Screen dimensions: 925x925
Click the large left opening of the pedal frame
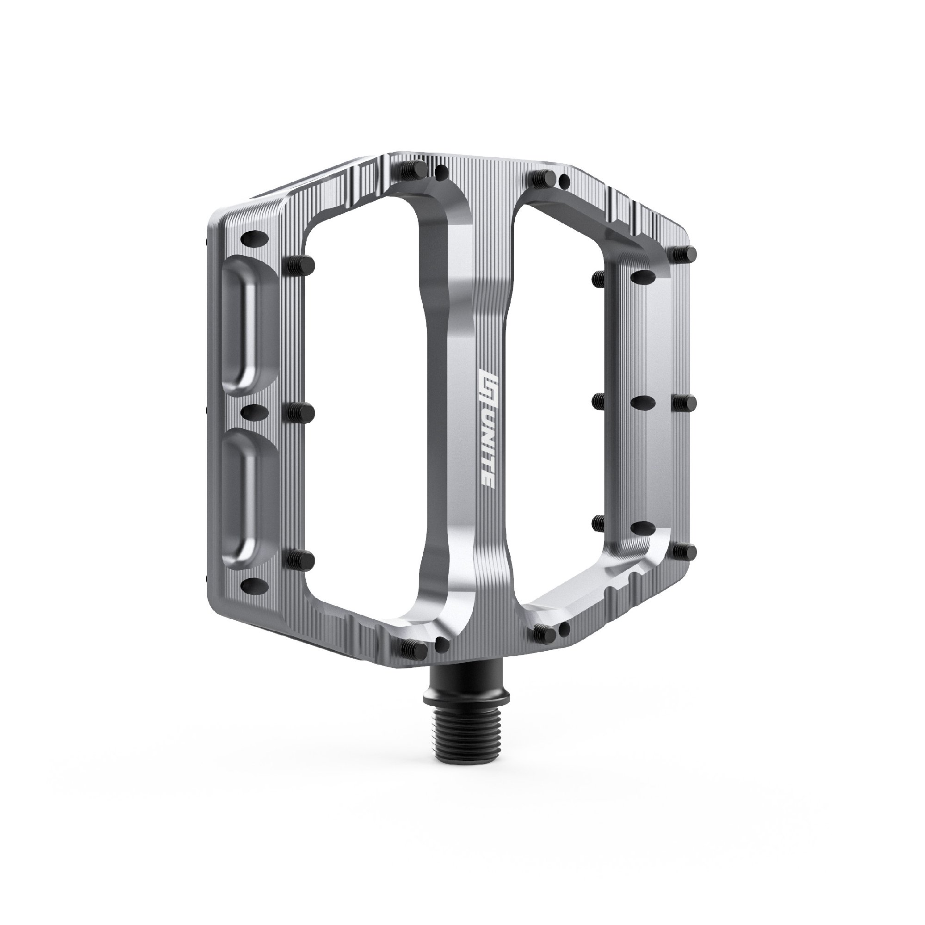[x=364, y=407]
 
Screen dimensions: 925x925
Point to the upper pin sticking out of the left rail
[x=301, y=262]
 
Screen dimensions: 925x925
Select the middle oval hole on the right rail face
[x=643, y=403]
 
